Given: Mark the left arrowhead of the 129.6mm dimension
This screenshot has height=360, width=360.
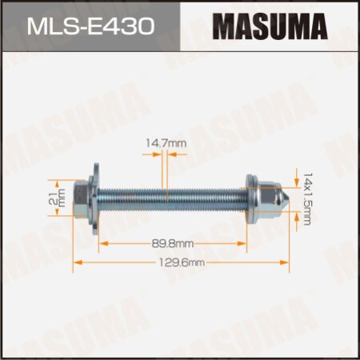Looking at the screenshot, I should click(78, 262).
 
